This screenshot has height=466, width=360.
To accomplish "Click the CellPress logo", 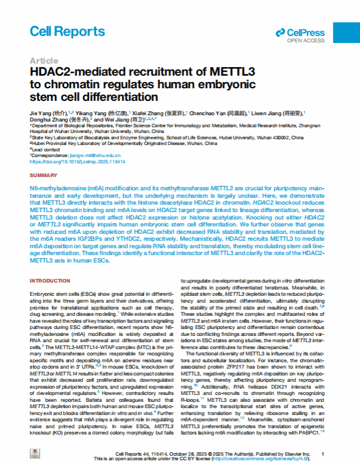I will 300,33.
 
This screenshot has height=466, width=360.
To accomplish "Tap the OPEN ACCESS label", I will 306,41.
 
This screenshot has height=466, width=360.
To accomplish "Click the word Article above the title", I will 44,61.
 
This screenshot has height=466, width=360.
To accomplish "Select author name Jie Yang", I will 41,113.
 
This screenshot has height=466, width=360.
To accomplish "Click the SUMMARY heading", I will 43,175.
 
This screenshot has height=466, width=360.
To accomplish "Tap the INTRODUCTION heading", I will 49,280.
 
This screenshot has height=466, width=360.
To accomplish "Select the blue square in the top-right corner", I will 346,33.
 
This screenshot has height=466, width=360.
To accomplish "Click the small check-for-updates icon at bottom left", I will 36,454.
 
